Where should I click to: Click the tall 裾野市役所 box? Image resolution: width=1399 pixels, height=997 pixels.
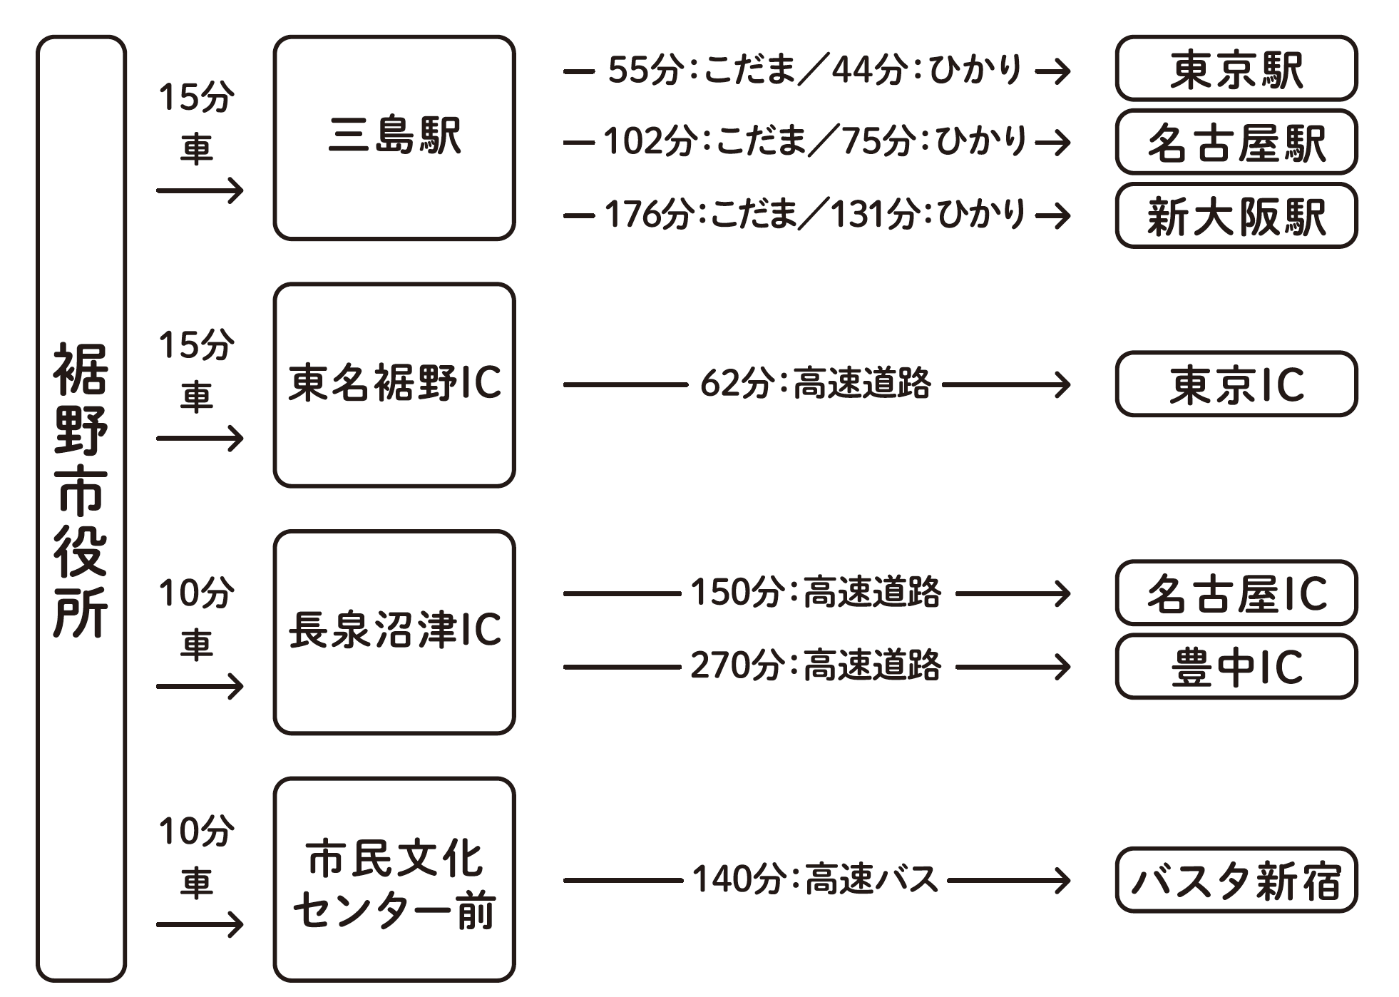click(x=81, y=508)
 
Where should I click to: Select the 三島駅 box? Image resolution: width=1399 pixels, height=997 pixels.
click(x=394, y=138)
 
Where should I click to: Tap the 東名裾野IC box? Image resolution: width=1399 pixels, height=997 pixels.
click(x=394, y=384)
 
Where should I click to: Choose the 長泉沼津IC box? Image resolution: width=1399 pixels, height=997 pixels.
click(x=394, y=632)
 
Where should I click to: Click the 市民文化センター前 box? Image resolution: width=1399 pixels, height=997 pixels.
click(x=394, y=879)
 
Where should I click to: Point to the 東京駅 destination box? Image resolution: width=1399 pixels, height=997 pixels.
click(x=1236, y=68)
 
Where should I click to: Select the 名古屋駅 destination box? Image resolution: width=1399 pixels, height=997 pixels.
click(x=1236, y=142)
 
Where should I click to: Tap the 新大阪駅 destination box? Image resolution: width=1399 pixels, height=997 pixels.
click(x=1236, y=215)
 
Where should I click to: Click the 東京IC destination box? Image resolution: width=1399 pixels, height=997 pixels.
click(x=1236, y=384)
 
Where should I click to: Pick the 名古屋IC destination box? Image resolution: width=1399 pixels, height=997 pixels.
click(x=1236, y=593)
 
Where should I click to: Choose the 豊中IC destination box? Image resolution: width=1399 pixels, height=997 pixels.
click(x=1236, y=667)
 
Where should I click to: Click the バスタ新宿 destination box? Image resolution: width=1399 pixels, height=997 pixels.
click(x=1236, y=879)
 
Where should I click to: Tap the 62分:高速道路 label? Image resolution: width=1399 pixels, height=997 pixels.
click(x=815, y=384)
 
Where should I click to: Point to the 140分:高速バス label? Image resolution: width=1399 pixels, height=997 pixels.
click(x=815, y=879)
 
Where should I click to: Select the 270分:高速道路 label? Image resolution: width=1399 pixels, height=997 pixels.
click(x=815, y=666)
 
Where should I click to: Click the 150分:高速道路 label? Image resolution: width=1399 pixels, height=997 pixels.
click(x=815, y=593)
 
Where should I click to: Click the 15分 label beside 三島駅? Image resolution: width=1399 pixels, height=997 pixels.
click(x=196, y=98)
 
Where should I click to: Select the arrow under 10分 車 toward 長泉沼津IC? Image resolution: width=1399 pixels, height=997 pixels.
click(x=200, y=687)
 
